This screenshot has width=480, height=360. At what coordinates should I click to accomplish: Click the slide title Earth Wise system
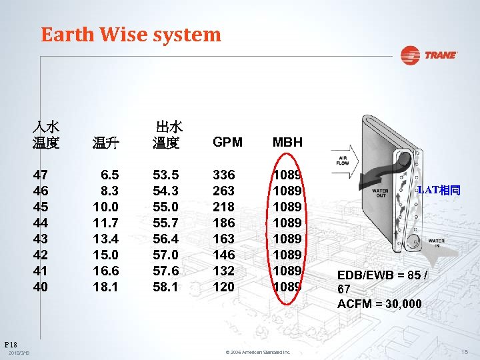131,35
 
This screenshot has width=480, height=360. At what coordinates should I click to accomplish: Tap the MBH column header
287,142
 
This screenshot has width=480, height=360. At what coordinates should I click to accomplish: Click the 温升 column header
105,142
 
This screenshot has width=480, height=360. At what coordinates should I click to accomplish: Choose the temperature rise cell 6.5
109,175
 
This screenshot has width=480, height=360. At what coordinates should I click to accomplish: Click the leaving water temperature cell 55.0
165,207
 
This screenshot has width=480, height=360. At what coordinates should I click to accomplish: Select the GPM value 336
223,175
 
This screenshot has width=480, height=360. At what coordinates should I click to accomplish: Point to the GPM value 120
223,287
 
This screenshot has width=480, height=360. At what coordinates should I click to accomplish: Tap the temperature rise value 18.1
106,287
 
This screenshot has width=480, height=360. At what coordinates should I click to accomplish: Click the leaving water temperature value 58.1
165,287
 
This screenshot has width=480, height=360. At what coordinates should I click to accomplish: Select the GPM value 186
223,223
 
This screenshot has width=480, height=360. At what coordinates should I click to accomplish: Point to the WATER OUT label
380,193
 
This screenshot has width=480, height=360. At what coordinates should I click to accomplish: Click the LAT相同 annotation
438,190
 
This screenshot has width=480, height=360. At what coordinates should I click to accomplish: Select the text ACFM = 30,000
379,304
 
